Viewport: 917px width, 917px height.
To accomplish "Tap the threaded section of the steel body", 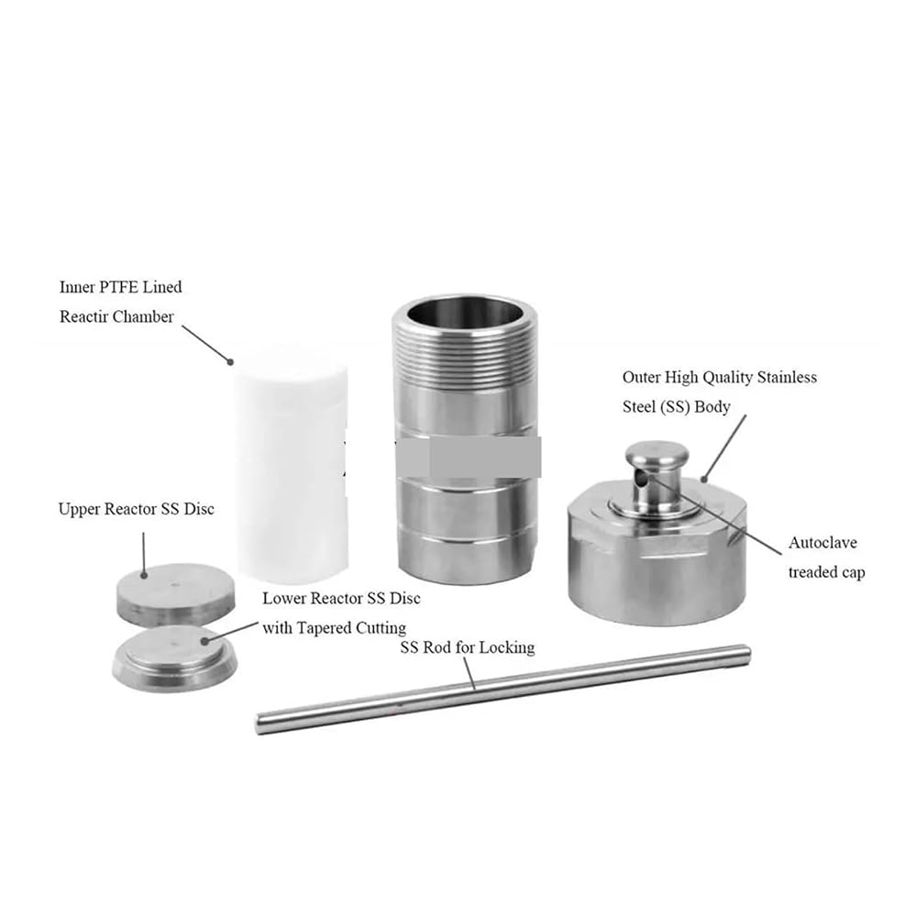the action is pos(465,357).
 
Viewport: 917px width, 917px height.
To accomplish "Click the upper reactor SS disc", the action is pos(176,594).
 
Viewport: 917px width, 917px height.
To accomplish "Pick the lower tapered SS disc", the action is pos(175,659).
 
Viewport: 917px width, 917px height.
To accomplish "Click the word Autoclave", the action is pos(823,542).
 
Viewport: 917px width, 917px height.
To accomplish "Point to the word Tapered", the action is pos(322,628).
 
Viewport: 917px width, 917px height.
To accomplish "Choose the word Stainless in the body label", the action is pos(787,377).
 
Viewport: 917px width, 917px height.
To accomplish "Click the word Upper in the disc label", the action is pos(79,509).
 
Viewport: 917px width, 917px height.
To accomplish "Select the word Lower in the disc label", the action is pos(282,598).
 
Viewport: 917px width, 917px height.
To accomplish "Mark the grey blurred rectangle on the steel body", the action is pos(468,457).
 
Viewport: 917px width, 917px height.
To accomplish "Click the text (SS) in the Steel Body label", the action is pos(674,407).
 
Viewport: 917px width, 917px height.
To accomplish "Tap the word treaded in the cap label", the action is pos(811,572).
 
